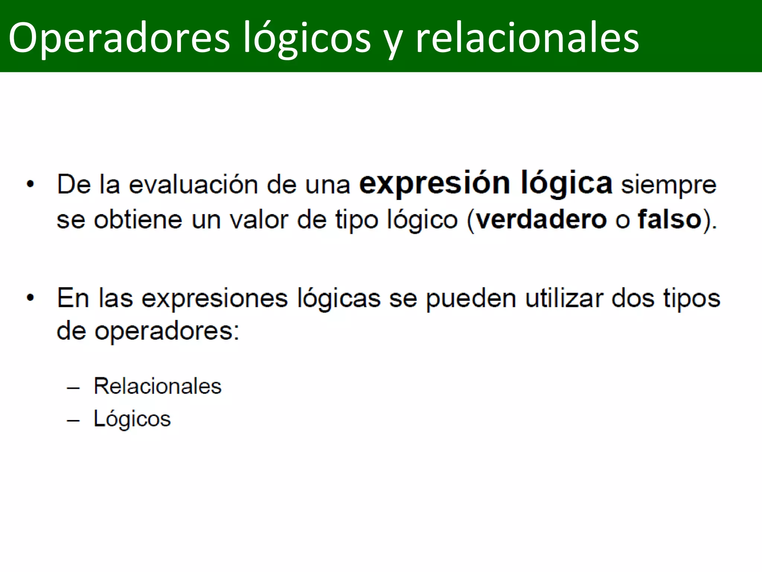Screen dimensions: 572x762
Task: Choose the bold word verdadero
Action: (x=541, y=219)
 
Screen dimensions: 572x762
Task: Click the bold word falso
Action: (x=670, y=219)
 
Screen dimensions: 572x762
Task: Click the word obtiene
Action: (x=138, y=220)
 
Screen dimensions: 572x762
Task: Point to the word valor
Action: (x=259, y=220)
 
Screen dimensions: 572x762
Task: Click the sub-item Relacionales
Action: (x=157, y=386)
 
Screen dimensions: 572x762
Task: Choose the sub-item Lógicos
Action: (x=132, y=419)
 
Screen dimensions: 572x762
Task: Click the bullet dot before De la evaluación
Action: (x=31, y=184)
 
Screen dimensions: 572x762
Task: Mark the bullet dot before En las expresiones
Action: (x=31, y=298)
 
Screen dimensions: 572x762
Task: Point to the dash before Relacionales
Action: (x=73, y=388)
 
